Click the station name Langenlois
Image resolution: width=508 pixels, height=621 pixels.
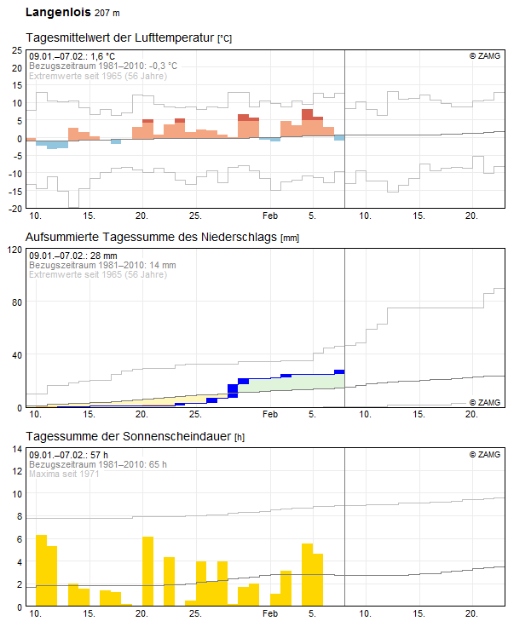click(x=58, y=12)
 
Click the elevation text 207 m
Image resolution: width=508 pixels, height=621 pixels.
click(x=107, y=13)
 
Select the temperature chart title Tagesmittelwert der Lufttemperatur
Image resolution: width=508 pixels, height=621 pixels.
click(x=119, y=37)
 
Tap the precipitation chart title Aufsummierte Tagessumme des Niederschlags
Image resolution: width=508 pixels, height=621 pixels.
click(x=151, y=237)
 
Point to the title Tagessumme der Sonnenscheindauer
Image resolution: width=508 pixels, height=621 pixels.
click(x=129, y=436)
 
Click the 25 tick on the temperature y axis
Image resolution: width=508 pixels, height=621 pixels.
click(x=17, y=50)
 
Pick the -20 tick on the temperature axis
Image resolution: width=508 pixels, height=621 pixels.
click(x=15, y=209)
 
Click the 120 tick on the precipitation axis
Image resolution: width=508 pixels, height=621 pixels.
click(x=15, y=250)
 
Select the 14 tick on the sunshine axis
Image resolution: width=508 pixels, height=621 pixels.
click(x=17, y=449)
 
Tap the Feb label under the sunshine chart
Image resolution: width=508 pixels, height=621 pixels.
click(x=270, y=613)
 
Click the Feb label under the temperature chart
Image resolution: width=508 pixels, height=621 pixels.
click(x=270, y=216)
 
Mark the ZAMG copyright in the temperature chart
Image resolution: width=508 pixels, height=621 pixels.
click(x=485, y=56)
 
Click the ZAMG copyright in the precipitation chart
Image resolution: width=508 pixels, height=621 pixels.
click(x=485, y=402)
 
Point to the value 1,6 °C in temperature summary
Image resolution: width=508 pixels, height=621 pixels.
click(x=102, y=56)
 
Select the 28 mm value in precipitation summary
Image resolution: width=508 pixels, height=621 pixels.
click(x=103, y=256)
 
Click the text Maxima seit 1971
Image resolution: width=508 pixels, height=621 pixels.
click(x=64, y=474)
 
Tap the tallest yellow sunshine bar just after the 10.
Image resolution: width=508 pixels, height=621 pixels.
click(x=41, y=570)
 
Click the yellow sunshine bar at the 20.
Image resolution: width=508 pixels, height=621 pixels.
click(x=147, y=571)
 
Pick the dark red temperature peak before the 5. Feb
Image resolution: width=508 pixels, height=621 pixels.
click(x=307, y=114)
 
